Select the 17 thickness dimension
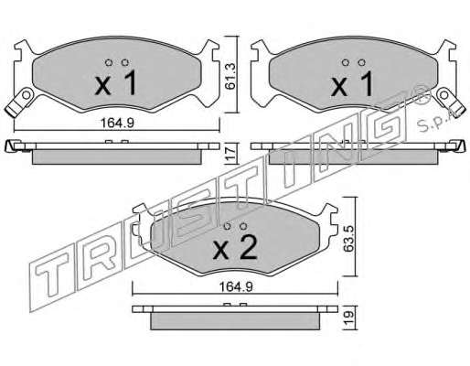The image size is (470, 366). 231,153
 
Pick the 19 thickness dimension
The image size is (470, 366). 349,318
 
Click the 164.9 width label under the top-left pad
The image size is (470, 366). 117,123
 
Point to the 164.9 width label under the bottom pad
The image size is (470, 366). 236,287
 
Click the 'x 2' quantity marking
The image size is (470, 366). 235,248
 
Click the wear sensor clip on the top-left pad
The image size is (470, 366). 19,101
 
